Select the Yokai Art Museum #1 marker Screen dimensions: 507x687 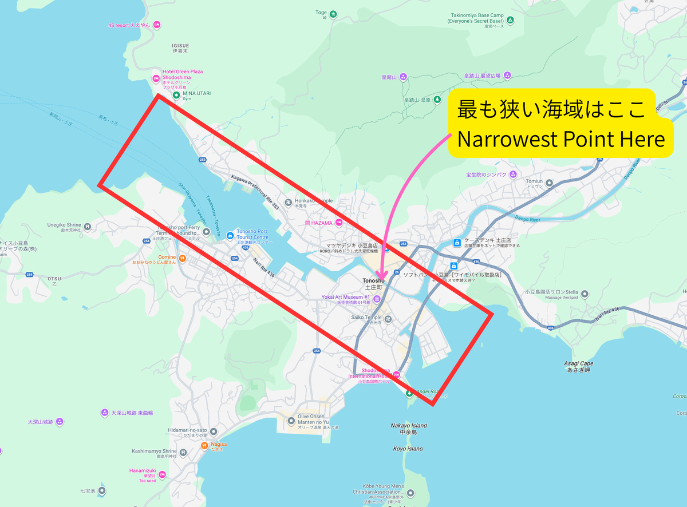click(377, 299)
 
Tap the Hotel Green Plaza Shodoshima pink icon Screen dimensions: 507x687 click(156, 78)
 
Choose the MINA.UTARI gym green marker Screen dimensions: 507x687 click(176, 94)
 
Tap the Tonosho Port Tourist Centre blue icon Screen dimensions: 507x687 click(230, 235)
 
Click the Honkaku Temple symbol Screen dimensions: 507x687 click(289, 201)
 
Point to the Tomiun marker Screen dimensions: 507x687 click(550, 183)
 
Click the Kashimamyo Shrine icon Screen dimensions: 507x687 click(183, 452)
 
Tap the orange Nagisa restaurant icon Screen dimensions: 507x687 click(204, 445)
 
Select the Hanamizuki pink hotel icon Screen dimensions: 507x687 click(163, 474)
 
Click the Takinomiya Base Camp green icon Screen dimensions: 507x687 click(511, 20)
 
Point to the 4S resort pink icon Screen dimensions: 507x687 click(157, 25)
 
